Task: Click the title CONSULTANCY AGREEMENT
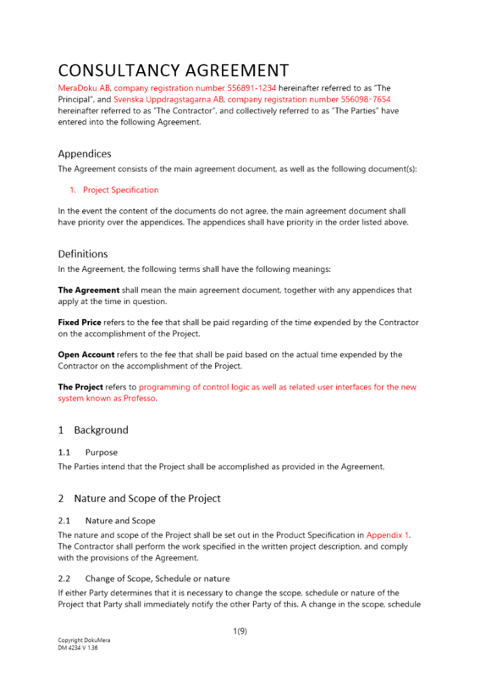(x=173, y=71)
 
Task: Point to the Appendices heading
(x=84, y=154)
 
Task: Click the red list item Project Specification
(x=121, y=190)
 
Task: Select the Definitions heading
(x=83, y=254)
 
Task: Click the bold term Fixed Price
(x=79, y=322)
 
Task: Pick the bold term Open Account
(x=86, y=354)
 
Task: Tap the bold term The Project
(x=81, y=387)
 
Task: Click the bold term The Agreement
(x=89, y=290)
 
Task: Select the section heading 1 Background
(x=93, y=430)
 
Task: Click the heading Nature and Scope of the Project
(x=147, y=498)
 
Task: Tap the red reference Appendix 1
(x=388, y=535)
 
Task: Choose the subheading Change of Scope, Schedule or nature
(x=157, y=579)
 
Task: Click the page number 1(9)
(x=240, y=631)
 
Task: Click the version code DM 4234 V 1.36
(x=78, y=648)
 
